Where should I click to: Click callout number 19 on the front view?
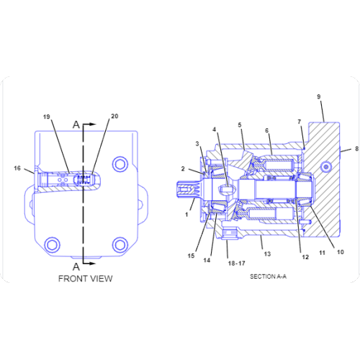[46, 117]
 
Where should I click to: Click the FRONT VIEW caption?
[86, 278]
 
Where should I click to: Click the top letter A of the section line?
[76, 124]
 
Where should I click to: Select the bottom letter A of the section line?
[76, 264]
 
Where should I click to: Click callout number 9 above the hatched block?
[319, 96]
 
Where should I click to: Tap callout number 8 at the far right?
[356, 149]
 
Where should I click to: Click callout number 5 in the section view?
[240, 125]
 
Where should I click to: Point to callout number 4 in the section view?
[215, 130]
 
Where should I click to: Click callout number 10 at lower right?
[341, 252]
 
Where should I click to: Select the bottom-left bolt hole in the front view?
[50, 244]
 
